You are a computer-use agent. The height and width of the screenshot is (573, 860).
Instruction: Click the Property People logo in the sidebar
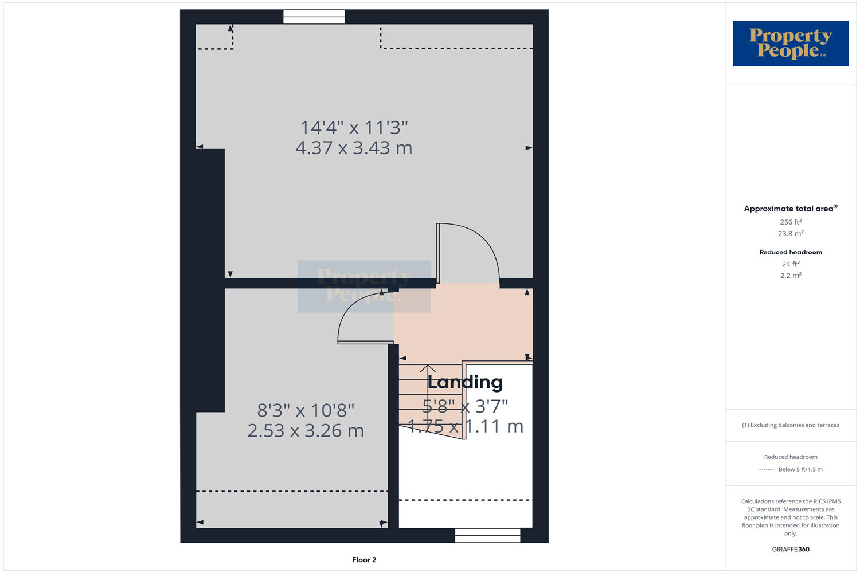pos(790,44)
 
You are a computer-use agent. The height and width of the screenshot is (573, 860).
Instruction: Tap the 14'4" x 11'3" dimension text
pos(354,127)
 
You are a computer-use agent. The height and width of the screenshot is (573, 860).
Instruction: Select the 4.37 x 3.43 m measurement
pos(354,148)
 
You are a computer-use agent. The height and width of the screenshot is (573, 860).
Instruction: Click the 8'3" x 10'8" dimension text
pos(306,410)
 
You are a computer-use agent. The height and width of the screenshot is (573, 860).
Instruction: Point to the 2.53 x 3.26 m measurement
pos(306,430)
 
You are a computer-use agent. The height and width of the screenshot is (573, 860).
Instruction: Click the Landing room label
pos(465,382)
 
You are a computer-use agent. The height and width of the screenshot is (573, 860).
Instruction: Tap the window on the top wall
pos(314,17)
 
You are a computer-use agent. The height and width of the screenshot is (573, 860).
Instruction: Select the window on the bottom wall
pos(487,535)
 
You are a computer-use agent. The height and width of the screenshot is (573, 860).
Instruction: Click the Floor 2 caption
pos(364,560)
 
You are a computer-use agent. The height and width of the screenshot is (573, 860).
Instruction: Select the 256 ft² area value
pos(790,222)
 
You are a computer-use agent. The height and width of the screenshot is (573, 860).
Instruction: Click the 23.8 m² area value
pos(790,234)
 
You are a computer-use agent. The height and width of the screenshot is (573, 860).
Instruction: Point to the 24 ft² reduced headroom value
pos(790,264)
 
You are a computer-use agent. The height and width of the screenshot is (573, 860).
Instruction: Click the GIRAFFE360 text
pos(790,549)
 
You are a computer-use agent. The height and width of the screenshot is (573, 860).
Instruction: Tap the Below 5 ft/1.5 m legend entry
pos(800,469)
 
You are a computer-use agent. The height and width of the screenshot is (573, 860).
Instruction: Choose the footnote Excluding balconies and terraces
pos(790,425)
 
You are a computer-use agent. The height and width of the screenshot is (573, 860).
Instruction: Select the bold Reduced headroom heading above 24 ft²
pos(790,252)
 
